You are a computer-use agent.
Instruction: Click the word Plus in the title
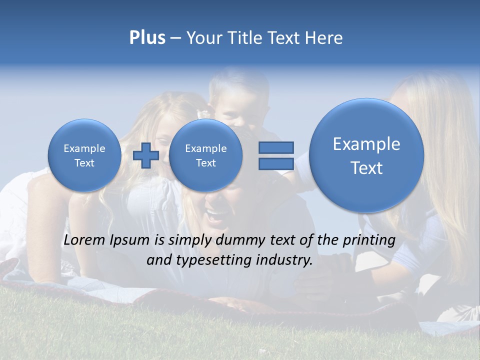coord(147,38)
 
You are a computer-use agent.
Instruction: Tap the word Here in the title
coord(324,38)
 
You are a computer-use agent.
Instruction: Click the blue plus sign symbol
coord(145,155)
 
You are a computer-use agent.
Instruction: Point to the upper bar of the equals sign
coord(275,147)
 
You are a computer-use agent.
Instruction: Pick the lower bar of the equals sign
coord(275,164)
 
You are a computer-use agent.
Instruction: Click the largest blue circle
coord(366,155)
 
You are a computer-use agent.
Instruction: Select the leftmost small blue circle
coord(84,155)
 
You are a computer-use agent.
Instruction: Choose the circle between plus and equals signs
coord(205,155)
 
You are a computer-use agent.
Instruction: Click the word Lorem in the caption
coord(84,240)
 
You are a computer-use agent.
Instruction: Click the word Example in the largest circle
coord(366,144)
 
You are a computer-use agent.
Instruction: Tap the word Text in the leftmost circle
coord(84,163)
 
